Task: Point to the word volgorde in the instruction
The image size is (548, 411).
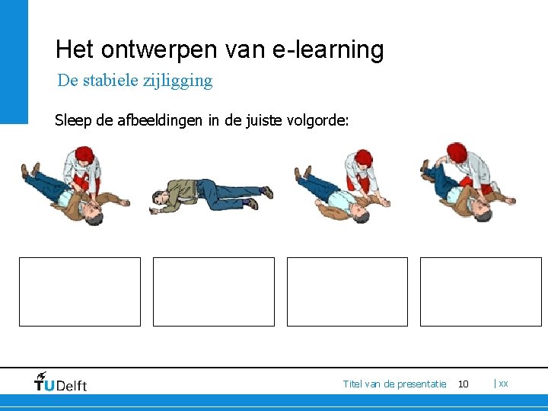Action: (317, 119)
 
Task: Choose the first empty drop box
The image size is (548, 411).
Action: (80, 292)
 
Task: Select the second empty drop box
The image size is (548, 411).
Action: (214, 292)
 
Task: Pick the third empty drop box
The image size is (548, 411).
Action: (347, 292)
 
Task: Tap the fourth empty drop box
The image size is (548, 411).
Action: (481, 292)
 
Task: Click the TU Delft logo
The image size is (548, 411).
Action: (61, 382)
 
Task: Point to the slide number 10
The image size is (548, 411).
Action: (463, 384)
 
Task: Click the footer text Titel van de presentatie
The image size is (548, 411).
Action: (394, 384)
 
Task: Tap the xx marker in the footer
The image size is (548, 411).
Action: (503, 384)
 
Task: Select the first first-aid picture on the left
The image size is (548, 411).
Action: (74, 186)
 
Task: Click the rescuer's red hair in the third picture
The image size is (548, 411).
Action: (365, 158)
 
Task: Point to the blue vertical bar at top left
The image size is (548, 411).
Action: (14, 61)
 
